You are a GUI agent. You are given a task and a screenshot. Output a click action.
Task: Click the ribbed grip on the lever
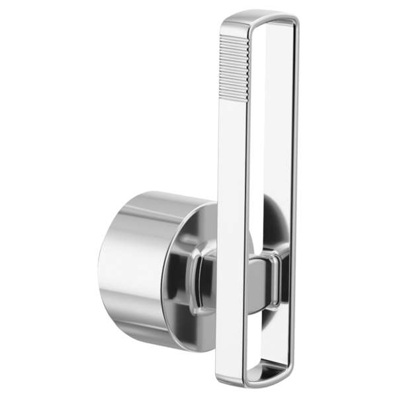(x=234, y=60)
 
